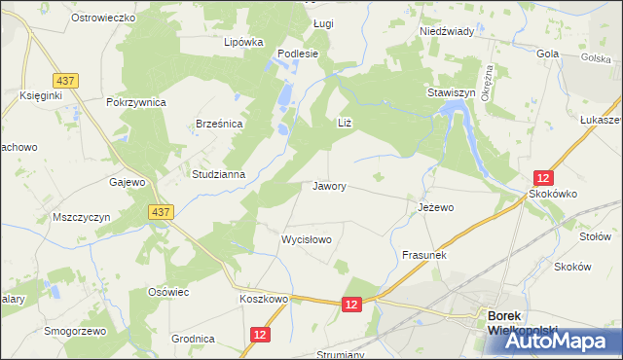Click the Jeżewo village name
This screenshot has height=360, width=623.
436,207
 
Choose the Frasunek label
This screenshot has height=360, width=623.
423,255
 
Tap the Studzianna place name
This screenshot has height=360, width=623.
218,175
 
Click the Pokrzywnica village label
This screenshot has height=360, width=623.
137,102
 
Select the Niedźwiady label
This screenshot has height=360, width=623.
446,31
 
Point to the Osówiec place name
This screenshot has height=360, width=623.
167,292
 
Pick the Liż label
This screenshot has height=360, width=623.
343,122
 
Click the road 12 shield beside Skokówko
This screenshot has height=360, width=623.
543,177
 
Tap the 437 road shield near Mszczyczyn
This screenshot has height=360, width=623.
162,211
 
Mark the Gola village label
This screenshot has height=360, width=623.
547,54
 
